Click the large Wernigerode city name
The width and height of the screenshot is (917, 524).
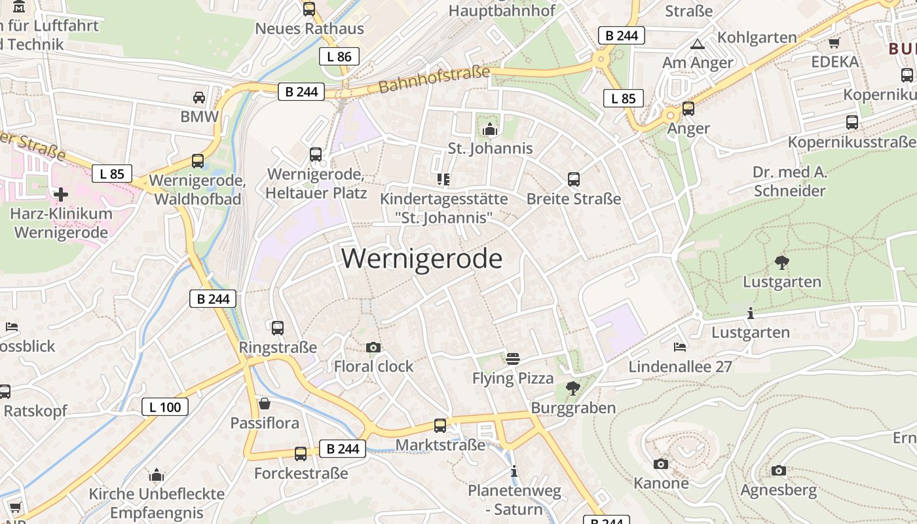pyautogui.click(x=422, y=259)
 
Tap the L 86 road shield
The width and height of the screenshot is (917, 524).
pyautogui.click(x=339, y=56)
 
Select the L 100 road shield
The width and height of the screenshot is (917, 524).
pyautogui.click(x=165, y=407)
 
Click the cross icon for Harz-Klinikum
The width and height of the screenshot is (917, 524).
pyautogui.click(x=61, y=195)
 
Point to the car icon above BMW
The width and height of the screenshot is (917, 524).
pyautogui.click(x=199, y=98)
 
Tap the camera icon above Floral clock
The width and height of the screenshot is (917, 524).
pyautogui.click(x=373, y=347)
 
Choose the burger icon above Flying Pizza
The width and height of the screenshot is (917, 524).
pyautogui.click(x=513, y=358)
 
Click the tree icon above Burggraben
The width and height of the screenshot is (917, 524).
pyautogui.click(x=573, y=388)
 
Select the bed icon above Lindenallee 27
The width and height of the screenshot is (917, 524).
pyautogui.click(x=680, y=346)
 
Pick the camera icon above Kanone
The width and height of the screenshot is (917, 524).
pyautogui.click(x=661, y=464)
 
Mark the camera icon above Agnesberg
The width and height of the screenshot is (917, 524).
pyautogui.click(x=778, y=470)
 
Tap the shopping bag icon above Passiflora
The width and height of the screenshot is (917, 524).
pyautogui.click(x=265, y=403)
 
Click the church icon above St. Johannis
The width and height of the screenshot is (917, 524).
pyautogui.click(x=490, y=129)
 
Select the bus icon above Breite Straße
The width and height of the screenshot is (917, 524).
pyautogui.click(x=574, y=179)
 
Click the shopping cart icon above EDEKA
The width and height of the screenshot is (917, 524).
pyautogui.click(x=834, y=43)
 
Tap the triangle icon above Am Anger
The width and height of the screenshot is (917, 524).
pyautogui.click(x=698, y=45)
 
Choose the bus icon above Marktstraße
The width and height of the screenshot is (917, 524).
pyautogui.click(x=440, y=425)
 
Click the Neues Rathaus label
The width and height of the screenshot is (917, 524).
pyautogui.click(x=309, y=29)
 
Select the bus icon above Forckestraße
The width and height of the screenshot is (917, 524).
pyautogui.click(x=301, y=453)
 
